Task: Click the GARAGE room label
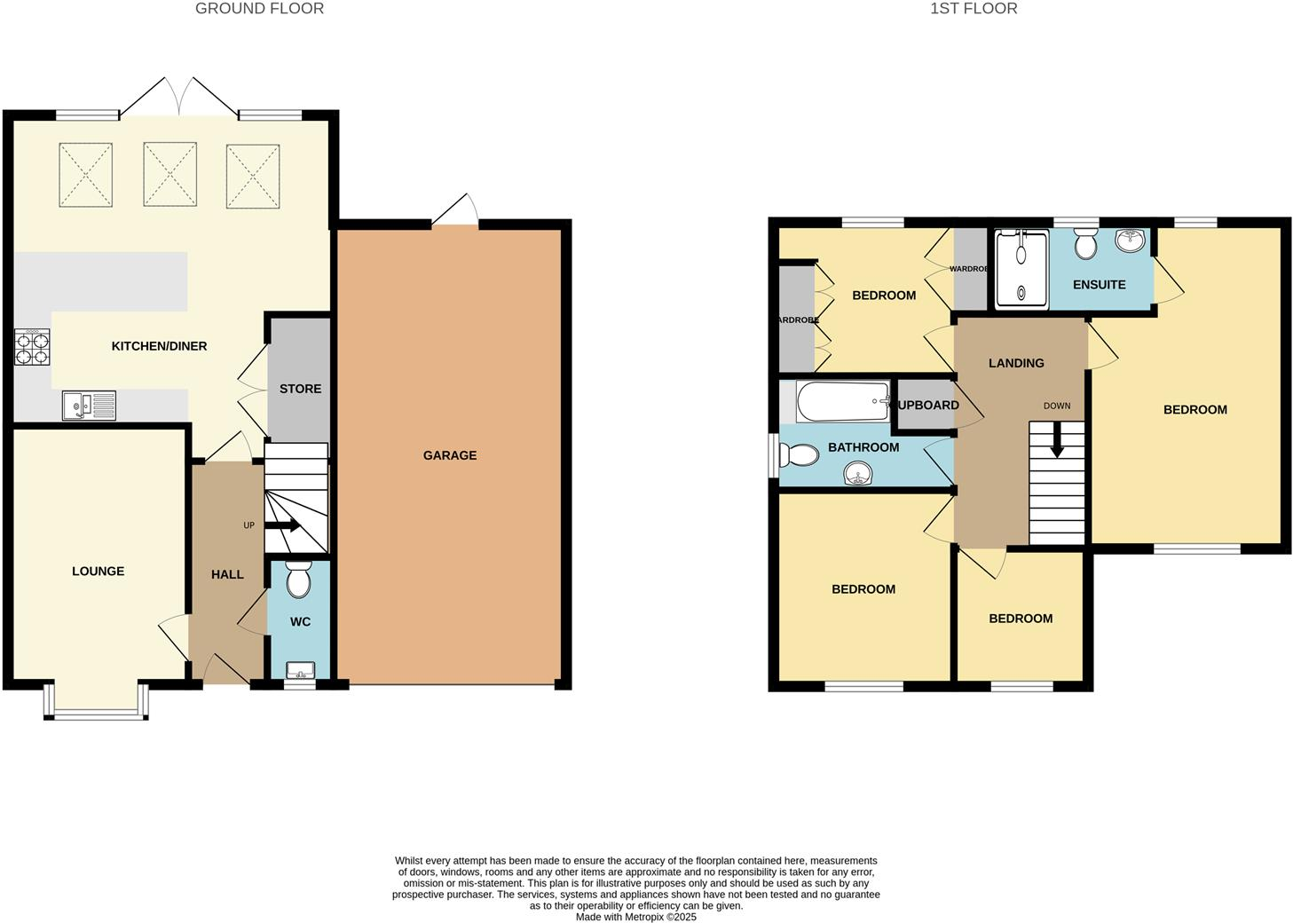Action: pos(449,455)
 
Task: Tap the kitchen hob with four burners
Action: pos(32,347)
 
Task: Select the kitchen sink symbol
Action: pos(89,406)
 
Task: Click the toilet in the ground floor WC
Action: pos(299,579)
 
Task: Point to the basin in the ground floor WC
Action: pos(300,669)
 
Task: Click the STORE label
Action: pos(300,389)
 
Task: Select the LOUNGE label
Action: pos(98,571)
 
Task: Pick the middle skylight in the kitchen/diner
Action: pos(170,174)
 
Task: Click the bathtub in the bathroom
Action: pos(842,402)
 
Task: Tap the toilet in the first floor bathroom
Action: pos(799,455)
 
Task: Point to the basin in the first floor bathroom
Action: pos(859,475)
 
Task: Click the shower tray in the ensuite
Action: pos(1021,269)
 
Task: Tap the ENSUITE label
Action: pos(1099,285)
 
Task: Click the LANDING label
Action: pos(1016,363)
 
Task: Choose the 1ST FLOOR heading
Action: pos(974,9)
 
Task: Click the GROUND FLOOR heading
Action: pos(259,9)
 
